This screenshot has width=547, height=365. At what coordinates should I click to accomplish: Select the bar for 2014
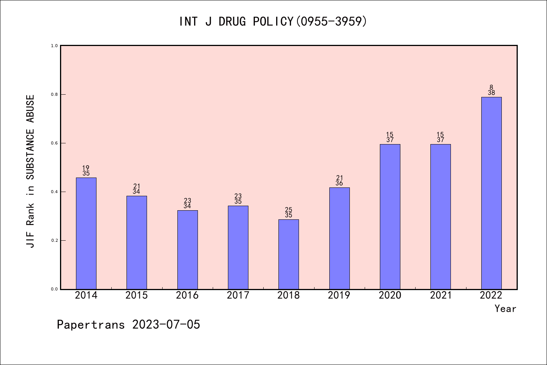(x=86, y=233)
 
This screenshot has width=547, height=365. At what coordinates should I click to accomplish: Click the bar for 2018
(x=289, y=254)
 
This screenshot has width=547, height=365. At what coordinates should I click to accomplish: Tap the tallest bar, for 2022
(x=491, y=193)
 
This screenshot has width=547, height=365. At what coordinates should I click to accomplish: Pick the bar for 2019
(x=339, y=238)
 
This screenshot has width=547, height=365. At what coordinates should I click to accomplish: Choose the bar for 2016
(x=187, y=249)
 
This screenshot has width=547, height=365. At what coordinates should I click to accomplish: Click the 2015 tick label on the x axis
(x=137, y=295)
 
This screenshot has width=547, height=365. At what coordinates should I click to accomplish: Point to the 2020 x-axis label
(x=390, y=295)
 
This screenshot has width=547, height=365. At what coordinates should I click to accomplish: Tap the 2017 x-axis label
(x=238, y=295)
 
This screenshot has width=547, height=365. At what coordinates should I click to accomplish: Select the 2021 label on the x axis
(x=441, y=295)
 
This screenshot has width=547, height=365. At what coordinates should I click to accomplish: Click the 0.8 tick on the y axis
(x=54, y=94)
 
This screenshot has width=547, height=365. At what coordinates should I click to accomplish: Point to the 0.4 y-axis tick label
(x=54, y=192)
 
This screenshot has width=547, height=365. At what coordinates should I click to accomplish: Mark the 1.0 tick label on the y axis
(x=54, y=46)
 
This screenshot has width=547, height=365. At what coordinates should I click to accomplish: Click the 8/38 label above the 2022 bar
(x=491, y=90)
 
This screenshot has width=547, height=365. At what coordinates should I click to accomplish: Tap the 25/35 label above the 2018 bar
(x=289, y=213)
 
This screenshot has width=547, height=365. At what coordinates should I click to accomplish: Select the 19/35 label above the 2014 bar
(x=86, y=171)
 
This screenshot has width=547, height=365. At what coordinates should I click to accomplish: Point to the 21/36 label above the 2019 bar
(x=339, y=181)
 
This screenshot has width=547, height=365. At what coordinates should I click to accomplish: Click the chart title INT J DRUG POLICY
(x=273, y=22)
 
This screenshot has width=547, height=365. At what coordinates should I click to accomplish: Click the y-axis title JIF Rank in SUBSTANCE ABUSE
(x=30, y=171)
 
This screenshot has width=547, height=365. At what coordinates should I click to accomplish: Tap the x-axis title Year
(x=505, y=309)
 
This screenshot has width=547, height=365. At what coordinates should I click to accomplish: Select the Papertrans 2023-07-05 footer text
(x=128, y=325)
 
